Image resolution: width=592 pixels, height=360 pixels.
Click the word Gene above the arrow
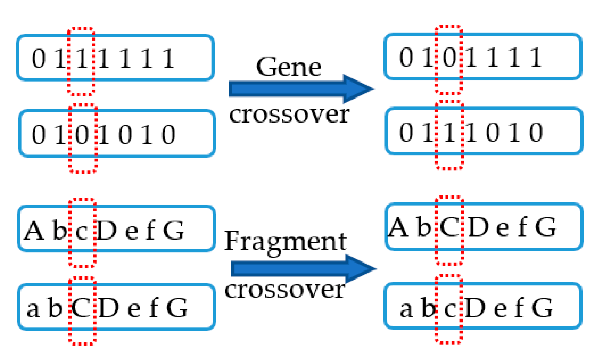(x=288, y=67)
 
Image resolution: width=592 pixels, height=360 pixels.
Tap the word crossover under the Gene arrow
(x=289, y=114)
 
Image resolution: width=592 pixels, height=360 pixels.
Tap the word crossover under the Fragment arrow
(x=285, y=290)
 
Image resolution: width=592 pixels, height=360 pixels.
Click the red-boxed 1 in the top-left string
(x=82, y=59)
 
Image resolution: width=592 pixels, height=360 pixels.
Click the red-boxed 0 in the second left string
(x=82, y=134)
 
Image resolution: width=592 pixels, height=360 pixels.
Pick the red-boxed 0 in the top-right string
(x=449, y=57)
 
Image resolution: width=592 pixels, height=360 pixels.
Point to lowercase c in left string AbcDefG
(x=82, y=232)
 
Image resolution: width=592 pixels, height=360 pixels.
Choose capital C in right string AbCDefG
(x=449, y=227)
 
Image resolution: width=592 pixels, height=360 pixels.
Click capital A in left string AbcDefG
(x=34, y=231)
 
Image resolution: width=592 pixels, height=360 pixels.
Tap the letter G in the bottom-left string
(x=177, y=308)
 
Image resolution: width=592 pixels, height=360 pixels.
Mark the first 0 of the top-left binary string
(x=39, y=59)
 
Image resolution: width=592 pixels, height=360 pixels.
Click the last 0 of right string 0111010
(x=536, y=133)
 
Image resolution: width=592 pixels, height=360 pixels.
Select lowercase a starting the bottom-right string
(x=406, y=309)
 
